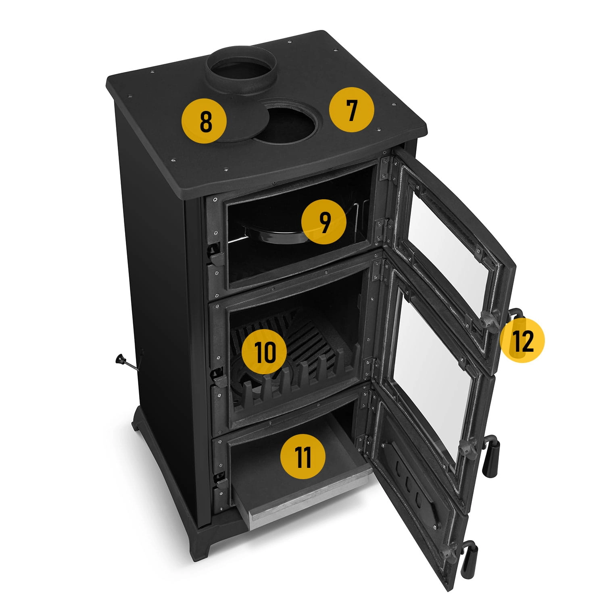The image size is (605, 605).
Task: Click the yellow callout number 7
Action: tap(352, 110)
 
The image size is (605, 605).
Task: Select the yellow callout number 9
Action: tap(324, 222)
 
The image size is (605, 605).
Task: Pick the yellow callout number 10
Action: tap(264, 351)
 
